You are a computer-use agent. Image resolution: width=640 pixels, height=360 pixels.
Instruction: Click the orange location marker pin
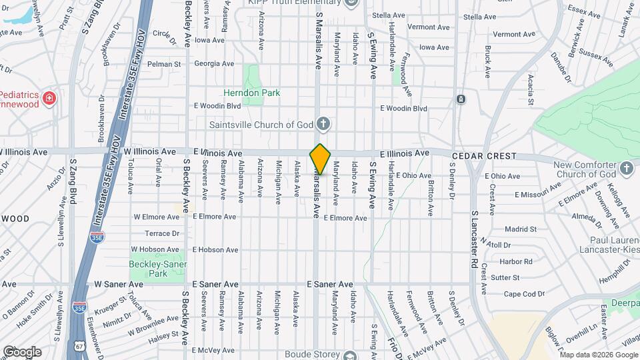pyautogui.click(x=320, y=159)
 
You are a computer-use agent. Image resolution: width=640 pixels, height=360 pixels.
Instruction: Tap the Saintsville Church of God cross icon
pyautogui.click(x=323, y=124)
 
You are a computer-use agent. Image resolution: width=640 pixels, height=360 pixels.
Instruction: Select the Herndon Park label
pyautogui.click(x=252, y=93)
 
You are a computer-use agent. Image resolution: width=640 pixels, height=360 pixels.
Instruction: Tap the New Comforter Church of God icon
pyautogui.click(x=626, y=168)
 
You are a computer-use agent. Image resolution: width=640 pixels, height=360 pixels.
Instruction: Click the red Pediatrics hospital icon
pyautogui.click(x=49, y=99)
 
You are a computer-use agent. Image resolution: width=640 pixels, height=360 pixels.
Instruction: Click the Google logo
pyautogui.click(x=21, y=351)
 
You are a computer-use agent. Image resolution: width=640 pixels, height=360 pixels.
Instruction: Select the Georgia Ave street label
pyautogui.click(x=214, y=64)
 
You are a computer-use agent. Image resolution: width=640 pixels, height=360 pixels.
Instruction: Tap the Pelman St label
pyautogui.click(x=164, y=64)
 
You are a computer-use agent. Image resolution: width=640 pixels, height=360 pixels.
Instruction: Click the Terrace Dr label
pyautogui.click(x=163, y=233)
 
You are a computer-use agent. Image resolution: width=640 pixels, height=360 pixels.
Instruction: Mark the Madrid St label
pyautogui.click(x=521, y=229)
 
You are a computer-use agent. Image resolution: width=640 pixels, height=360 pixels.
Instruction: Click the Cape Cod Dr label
pyautogui.click(x=520, y=294)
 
